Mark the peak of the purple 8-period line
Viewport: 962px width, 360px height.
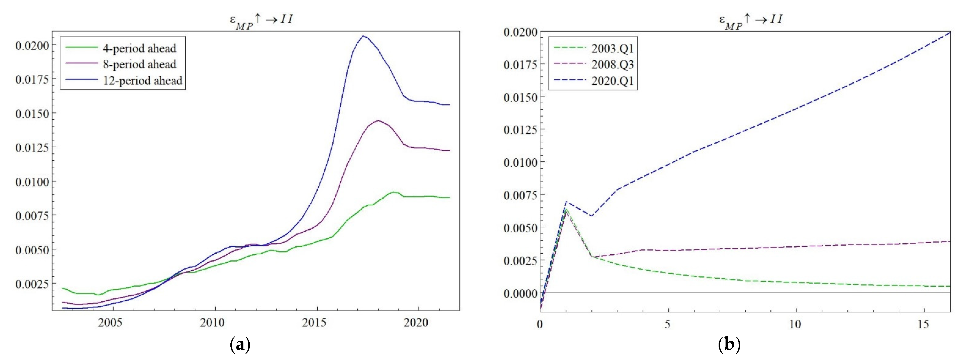tap(378, 120)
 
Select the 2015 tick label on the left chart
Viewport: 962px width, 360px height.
tap(314, 323)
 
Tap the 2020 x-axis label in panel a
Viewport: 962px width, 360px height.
tap(416, 323)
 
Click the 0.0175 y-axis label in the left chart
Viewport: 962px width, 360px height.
tap(32, 79)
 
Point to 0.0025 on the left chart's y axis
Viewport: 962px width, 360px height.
tap(32, 284)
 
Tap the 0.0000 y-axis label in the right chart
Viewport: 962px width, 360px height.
tap(520, 294)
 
